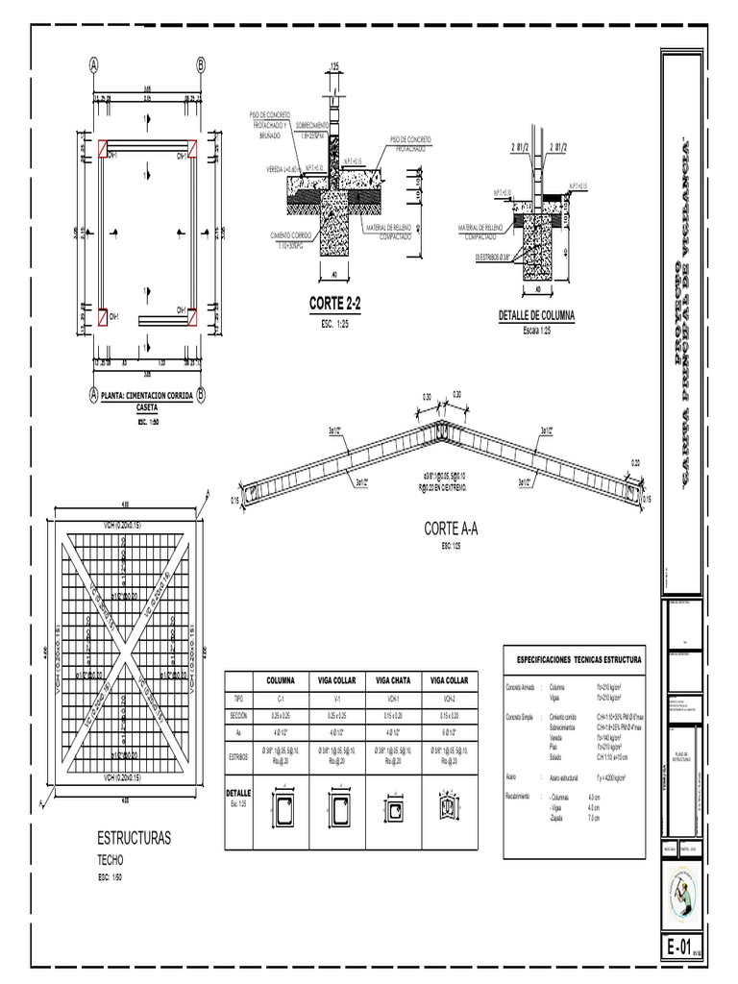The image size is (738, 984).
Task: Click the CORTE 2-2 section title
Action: coord(333,305)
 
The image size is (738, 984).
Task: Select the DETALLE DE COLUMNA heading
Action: coord(537,315)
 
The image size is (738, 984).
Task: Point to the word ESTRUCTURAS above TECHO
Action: coord(134,839)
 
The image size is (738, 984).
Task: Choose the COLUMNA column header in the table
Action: coord(281,680)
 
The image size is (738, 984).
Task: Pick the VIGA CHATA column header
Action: coord(394,680)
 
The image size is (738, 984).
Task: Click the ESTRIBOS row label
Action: coord(239,757)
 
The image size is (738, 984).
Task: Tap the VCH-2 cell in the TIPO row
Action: coord(450,700)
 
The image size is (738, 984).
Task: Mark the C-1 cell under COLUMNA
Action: coord(281,700)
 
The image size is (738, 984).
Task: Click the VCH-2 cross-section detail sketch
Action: coord(450,809)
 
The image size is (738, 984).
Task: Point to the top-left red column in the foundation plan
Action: coord(102,147)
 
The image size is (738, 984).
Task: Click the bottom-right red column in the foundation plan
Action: coord(191,314)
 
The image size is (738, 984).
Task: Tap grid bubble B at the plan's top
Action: coord(201,65)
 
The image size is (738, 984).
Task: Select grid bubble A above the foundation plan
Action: coord(94,65)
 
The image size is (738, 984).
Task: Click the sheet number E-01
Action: coord(678,947)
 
